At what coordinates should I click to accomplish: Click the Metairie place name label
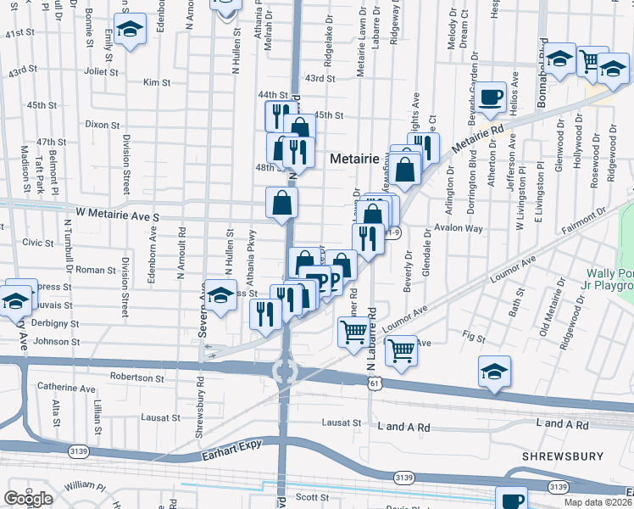[x=354, y=158]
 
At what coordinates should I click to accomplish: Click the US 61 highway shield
[x=374, y=383]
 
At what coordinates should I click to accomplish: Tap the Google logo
[x=28, y=499]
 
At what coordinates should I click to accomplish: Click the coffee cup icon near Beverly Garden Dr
[x=490, y=98]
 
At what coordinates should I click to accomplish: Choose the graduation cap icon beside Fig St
[x=495, y=372]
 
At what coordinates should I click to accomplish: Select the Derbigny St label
[x=57, y=323]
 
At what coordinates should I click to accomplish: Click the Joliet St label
[x=101, y=72]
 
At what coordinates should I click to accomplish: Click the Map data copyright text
[x=597, y=502]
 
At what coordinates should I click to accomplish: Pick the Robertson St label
[x=137, y=377]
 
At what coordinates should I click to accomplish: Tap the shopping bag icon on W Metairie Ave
[x=281, y=203]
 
